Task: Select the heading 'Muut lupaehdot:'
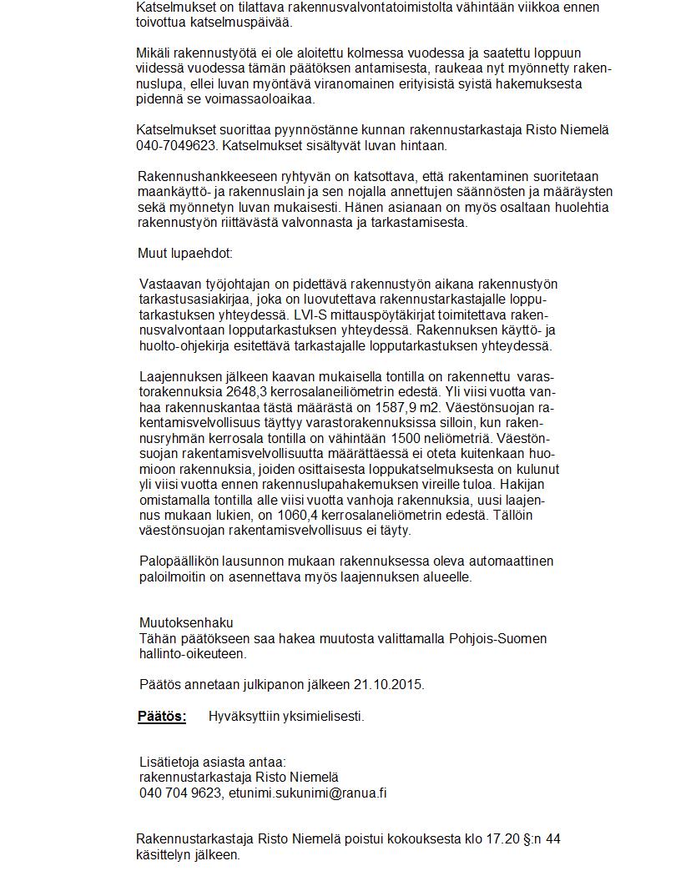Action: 185,253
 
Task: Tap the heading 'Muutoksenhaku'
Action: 186,622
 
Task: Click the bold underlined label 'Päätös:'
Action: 162,716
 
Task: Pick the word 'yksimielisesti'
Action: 325,716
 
